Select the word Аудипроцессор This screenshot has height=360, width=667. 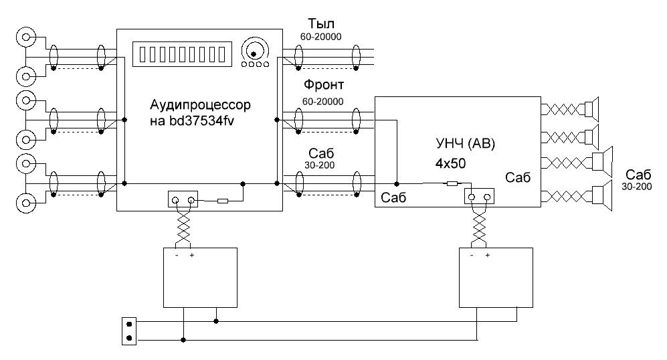click(200, 106)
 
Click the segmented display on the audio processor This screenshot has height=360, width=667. click(183, 53)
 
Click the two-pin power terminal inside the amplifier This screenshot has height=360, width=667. click(479, 197)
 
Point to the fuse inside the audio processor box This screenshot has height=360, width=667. click(222, 200)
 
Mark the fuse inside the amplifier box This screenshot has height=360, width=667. click(452, 183)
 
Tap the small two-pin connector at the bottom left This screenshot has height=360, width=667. click(128, 331)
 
